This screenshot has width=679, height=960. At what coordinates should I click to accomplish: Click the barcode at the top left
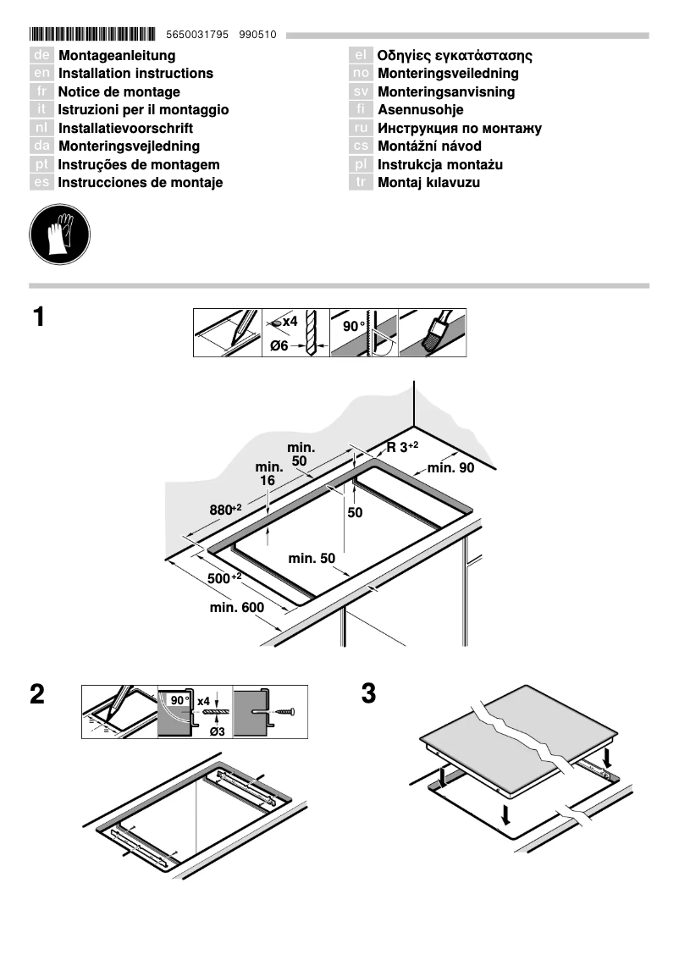click(92, 35)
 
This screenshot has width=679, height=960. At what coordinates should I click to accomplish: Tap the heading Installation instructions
click(135, 74)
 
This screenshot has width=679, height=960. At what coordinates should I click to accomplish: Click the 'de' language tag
click(41, 56)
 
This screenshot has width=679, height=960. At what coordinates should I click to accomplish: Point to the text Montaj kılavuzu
click(428, 183)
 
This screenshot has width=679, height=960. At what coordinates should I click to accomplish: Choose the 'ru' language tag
click(361, 129)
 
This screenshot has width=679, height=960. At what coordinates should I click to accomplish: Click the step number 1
click(38, 318)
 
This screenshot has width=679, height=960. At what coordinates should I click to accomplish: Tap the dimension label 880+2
click(225, 509)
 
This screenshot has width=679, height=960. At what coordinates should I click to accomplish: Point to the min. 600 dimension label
click(237, 608)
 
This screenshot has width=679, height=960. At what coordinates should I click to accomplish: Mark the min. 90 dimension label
click(450, 468)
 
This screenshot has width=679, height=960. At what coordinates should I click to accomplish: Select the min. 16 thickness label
click(268, 474)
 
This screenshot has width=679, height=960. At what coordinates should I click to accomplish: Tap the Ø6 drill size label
click(279, 345)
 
